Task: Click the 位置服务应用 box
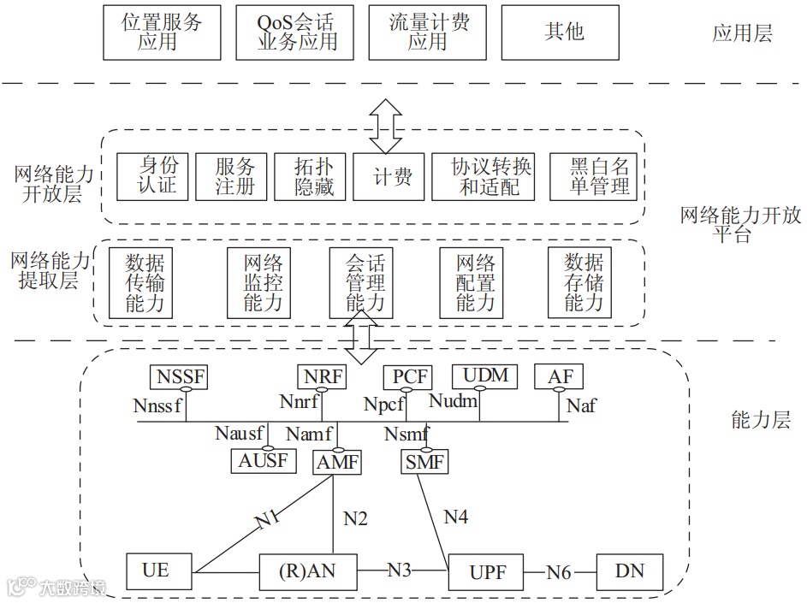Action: (x=162, y=33)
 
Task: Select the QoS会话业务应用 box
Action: (x=297, y=33)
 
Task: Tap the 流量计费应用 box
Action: (x=429, y=33)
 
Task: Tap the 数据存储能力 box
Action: (x=584, y=281)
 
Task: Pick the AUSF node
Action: (x=264, y=461)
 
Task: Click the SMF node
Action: (x=424, y=463)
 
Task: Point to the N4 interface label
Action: (x=455, y=516)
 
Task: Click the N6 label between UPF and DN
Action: (x=559, y=571)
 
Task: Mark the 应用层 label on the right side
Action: (x=742, y=33)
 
